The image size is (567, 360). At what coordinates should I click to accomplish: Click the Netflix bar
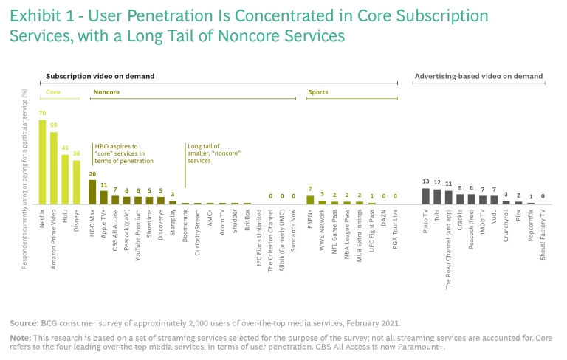[x=42, y=162]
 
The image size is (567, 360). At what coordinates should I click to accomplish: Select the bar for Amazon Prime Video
[x=54, y=167]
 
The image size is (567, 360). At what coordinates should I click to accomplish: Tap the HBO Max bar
[x=92, y=192]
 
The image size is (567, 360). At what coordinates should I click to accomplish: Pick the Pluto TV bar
[x=426, y=195]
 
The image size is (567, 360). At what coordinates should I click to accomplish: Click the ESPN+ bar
[x=310, y=199]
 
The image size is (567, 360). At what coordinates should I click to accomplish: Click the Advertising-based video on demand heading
[x=478, y=76]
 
